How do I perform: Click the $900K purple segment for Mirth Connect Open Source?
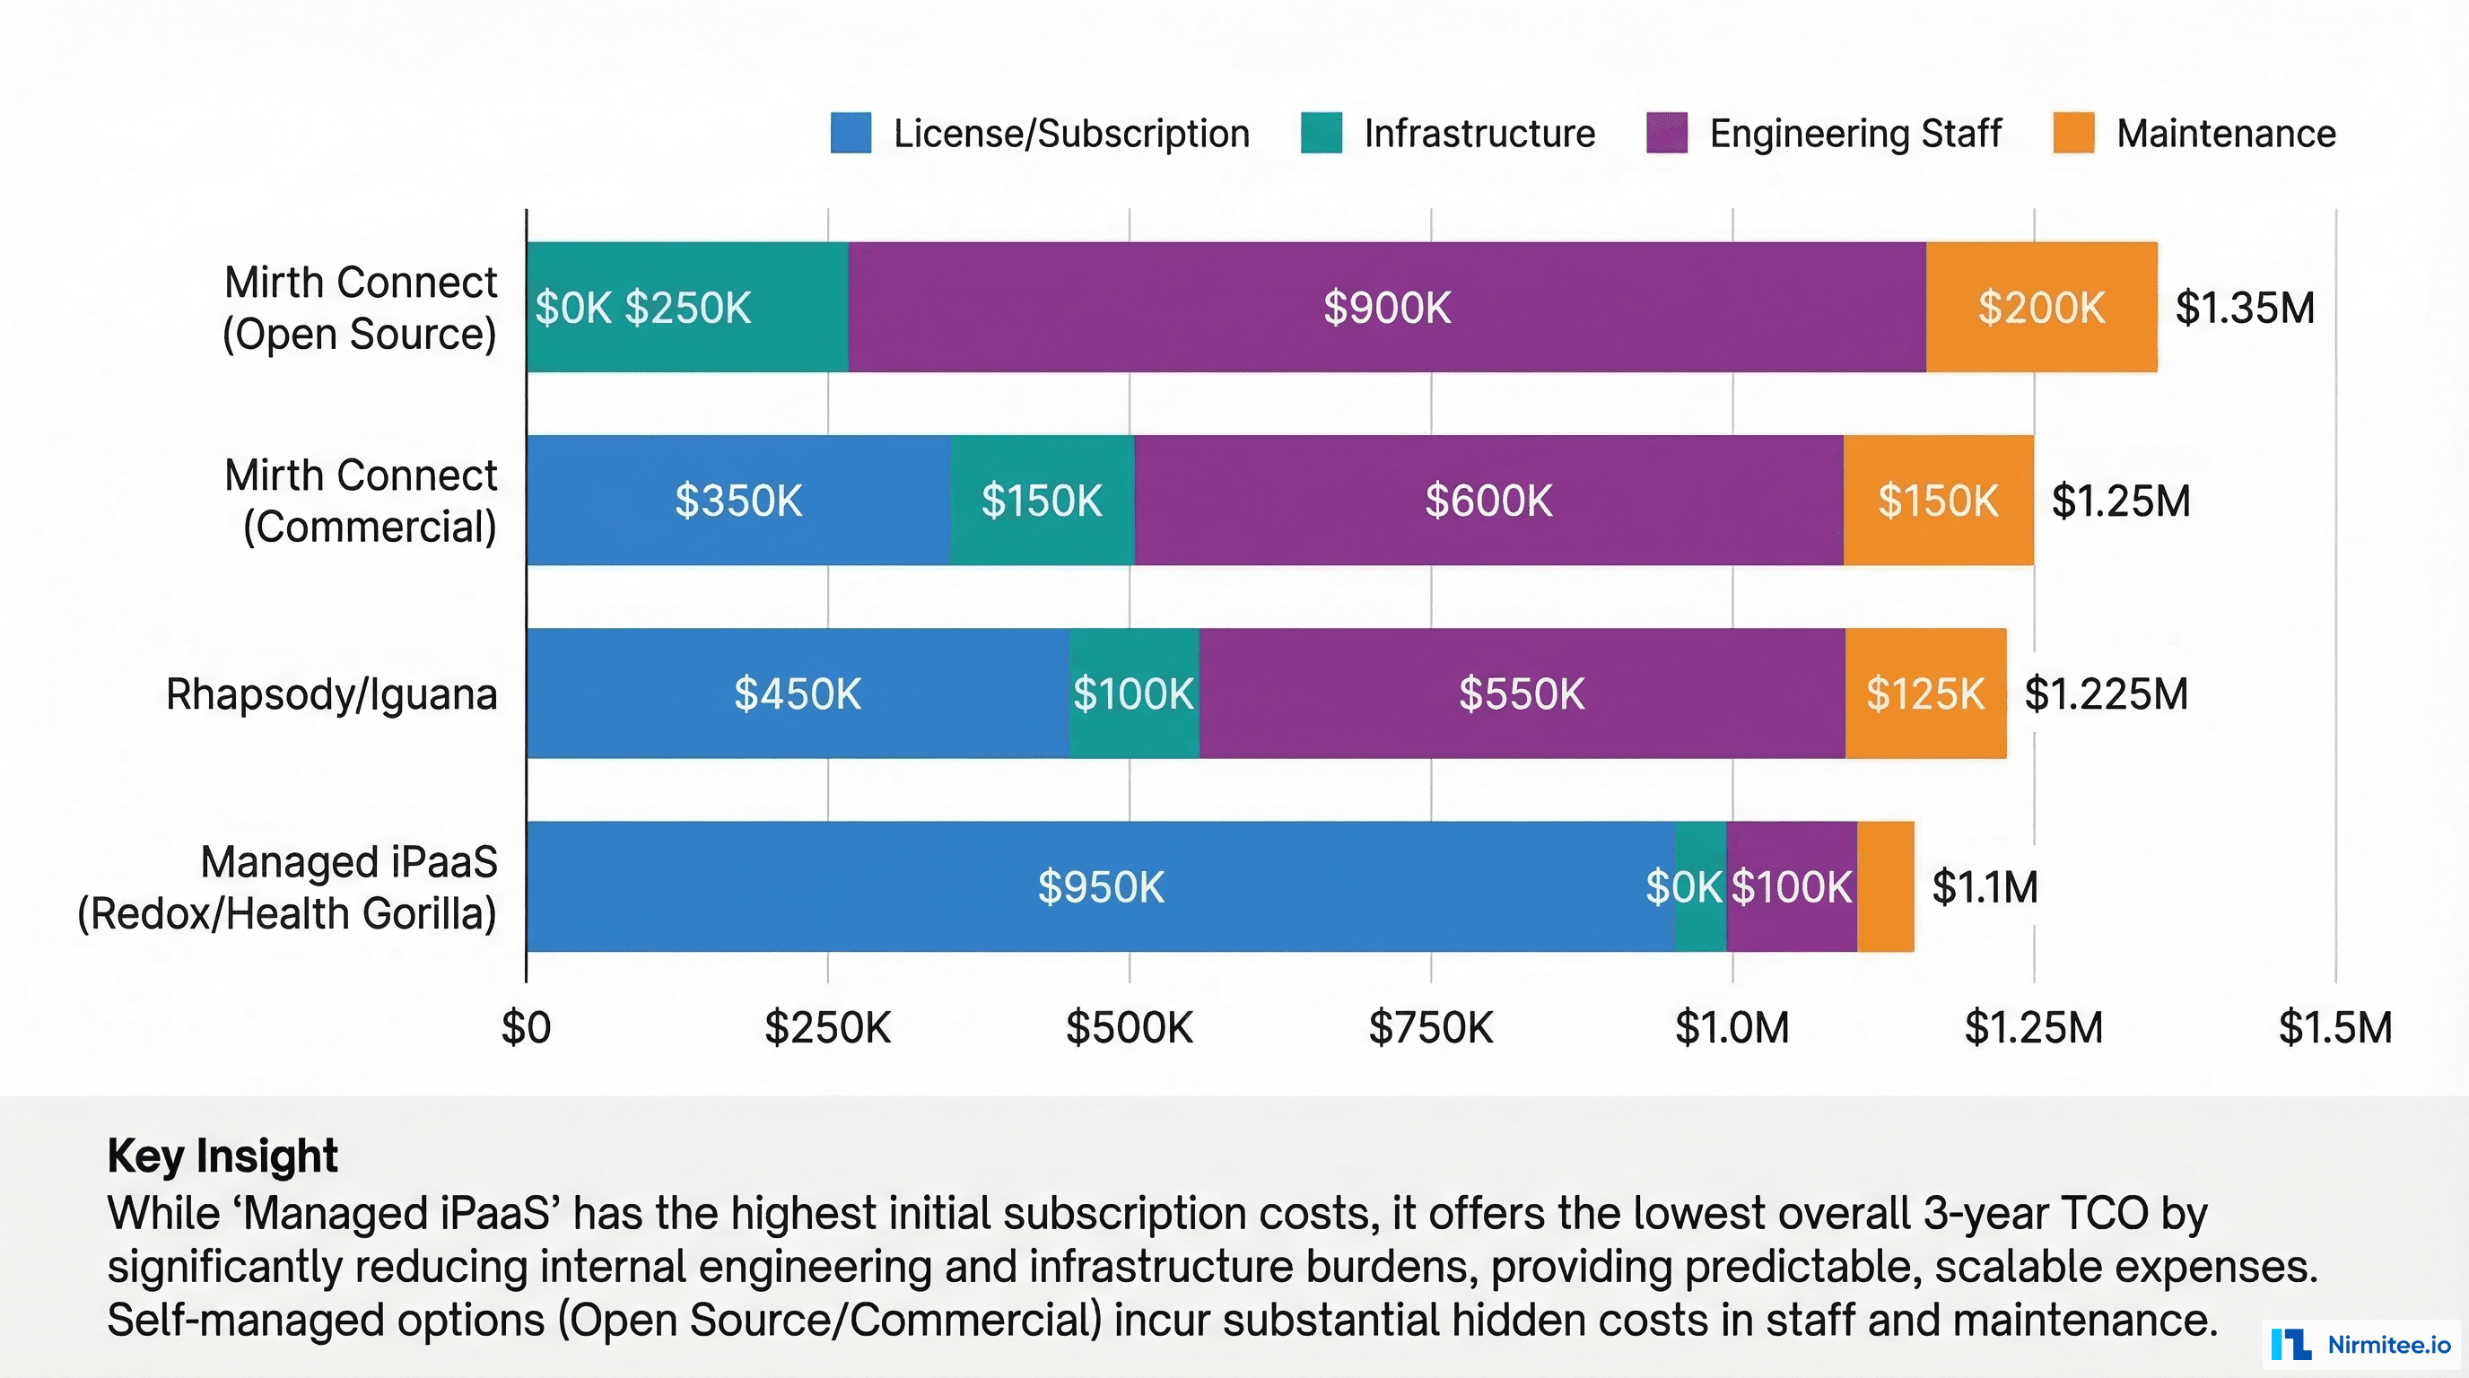tap(1387, 308)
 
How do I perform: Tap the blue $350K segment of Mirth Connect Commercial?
tap(738, 501)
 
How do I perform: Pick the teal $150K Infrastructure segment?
tap(1042, 501)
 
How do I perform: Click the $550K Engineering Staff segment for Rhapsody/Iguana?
tap(1521, 693)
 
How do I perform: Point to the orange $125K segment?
tap(1924, 693)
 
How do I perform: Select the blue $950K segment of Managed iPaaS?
tap(1100, 886)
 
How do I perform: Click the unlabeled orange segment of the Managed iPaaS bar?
tap(1885, 886)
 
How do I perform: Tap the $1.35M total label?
tap(2244, 308)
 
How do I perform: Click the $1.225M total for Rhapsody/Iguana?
tap(2106, 693)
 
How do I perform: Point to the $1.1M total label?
tap(1984, 886)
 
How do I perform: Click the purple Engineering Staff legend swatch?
tap(1667, 133)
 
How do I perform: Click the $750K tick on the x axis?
tap(1430, 1027)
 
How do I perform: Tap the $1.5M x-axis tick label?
tap(2334, 1027)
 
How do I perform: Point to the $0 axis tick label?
tap(527, 1027)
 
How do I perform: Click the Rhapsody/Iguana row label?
tap(332, 693)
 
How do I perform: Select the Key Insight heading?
tap(222, 1156)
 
